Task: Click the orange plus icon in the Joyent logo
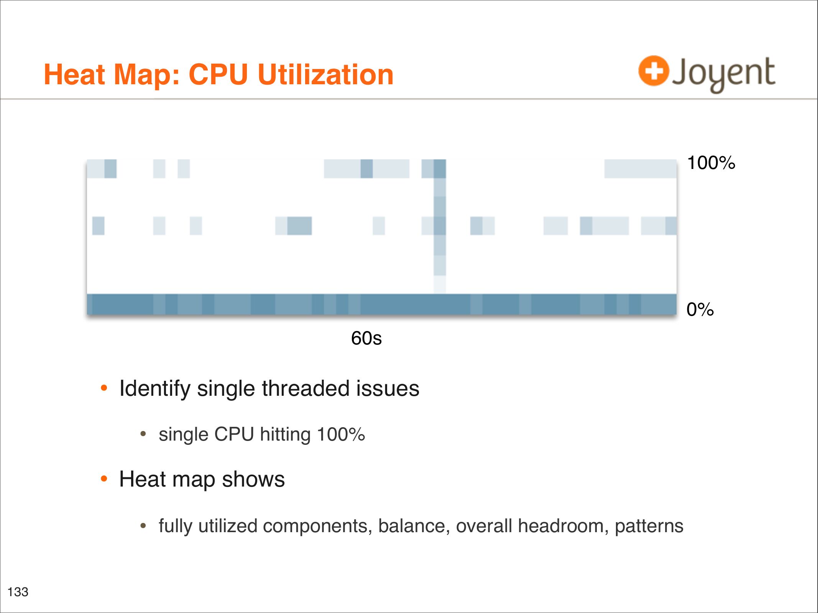click(x=653, y=71)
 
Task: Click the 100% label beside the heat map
click(x=711, y=163)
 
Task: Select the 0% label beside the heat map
click(x=700, y=310)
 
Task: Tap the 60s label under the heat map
click(x=366, y=338)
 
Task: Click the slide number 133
click(x=18, y=592)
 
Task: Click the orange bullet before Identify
click(x=103, y=388)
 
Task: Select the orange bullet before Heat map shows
click(x=103, y=479)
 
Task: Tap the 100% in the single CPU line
click(x=341, y=434)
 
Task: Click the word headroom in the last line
click(x=563, y=526)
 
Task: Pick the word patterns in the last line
click(x=649, y=526)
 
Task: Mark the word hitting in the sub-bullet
click(x=285, y=434)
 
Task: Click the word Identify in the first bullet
click(x=155, y=388)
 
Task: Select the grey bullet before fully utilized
click(x=143, y=526)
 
